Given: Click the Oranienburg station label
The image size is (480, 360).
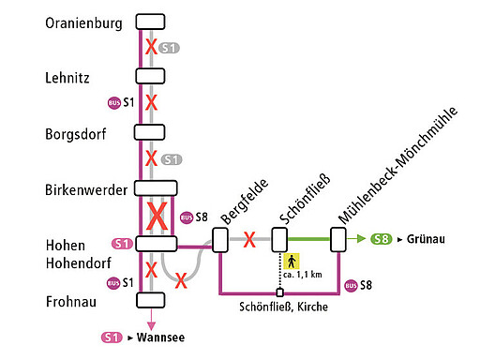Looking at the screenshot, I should (83, 24).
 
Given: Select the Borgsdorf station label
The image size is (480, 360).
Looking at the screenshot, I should (75, 134).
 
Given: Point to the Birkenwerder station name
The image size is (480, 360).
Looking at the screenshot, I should (86, 190).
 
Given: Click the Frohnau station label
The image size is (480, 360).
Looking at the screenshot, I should (71, 301).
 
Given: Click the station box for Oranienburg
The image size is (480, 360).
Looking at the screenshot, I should (150, 22).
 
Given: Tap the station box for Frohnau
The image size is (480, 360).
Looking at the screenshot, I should (150, 300).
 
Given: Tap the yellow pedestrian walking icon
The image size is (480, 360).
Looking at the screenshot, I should (292, 261).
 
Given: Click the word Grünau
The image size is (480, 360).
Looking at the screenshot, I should (426, 239).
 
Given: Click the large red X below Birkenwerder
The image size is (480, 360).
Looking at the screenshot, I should (157, 216).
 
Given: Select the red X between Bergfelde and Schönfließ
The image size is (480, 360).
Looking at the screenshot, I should (249, 240).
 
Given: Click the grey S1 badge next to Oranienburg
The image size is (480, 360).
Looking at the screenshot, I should (170, 48).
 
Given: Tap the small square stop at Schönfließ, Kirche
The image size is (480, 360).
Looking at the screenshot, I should (279, 292).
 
